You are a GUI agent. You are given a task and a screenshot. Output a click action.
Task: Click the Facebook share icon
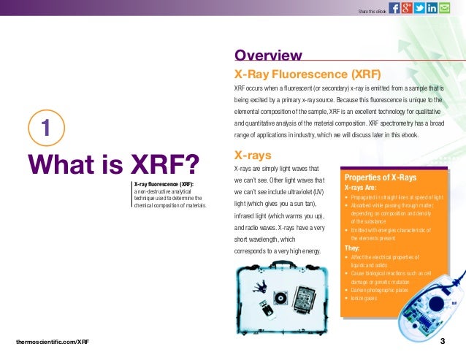tap(395, 8)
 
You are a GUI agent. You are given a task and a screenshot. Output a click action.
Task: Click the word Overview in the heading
tap(267, 55)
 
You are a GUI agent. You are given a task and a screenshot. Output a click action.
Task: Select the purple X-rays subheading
tap(252, 156)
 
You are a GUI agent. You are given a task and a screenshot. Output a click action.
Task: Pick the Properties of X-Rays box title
tap(380, 178)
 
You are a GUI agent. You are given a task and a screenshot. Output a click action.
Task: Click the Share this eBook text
tap(371, 10)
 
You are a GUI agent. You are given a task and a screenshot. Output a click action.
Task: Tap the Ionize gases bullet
tap(363, 298)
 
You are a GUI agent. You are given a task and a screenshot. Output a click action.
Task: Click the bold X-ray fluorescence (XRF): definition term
tap(162, 184)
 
